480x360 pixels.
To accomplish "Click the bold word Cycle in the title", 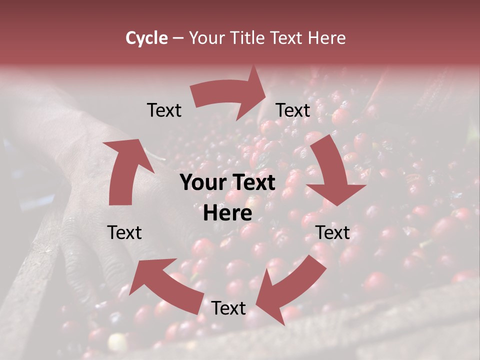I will pyautogui.click(x=146, y=38).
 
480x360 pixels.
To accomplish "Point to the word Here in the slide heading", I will pyautogui.click(x=325, y=38).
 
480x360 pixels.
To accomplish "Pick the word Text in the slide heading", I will pyautogui.click(x=286, y=38).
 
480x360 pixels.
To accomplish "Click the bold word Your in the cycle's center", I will pyautogui.click(x=205, y=182).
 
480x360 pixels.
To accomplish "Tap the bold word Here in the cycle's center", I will pyautogui.click(x=227, y=213).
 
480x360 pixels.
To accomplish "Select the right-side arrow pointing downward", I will pyautogui.click(x=335, y=175).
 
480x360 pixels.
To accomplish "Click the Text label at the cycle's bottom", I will pyautogui.click(x=228, y=308).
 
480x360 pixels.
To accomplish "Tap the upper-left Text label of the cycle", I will pyautogui.click(x=164, y=110).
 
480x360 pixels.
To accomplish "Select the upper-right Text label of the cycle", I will pyautogui.click(x=293, y=110).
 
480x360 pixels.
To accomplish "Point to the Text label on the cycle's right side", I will pyautogui.click(x=332, y=232).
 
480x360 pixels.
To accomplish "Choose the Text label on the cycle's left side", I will pyautogui.click(x=124, y=232).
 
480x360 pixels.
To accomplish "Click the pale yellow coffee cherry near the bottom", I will pyautogui.click(x=117, y=342).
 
